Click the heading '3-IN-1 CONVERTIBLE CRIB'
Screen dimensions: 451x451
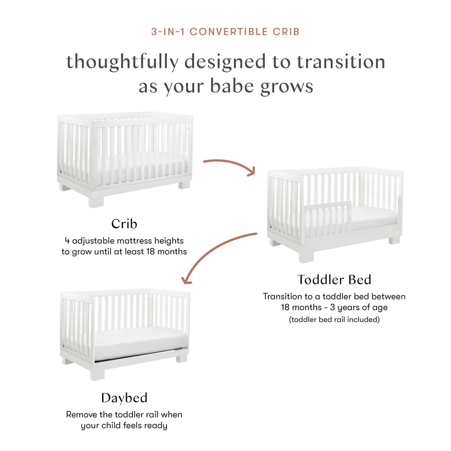point(225,32)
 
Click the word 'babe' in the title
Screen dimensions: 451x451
point(233,86)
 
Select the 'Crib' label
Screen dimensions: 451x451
point(124,224)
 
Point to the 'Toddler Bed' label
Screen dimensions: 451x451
point(334,280)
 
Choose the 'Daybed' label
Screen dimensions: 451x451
point(124,398)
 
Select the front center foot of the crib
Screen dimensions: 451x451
point(96,201)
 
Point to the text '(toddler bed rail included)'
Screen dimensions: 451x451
point(334,320)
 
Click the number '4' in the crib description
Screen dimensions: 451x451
point(67,241)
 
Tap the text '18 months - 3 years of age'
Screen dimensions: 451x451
point(334,308)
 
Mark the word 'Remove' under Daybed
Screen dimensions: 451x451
point(81,414)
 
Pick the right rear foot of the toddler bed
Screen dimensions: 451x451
point(394,240)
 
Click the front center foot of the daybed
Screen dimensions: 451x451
point(97,374)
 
